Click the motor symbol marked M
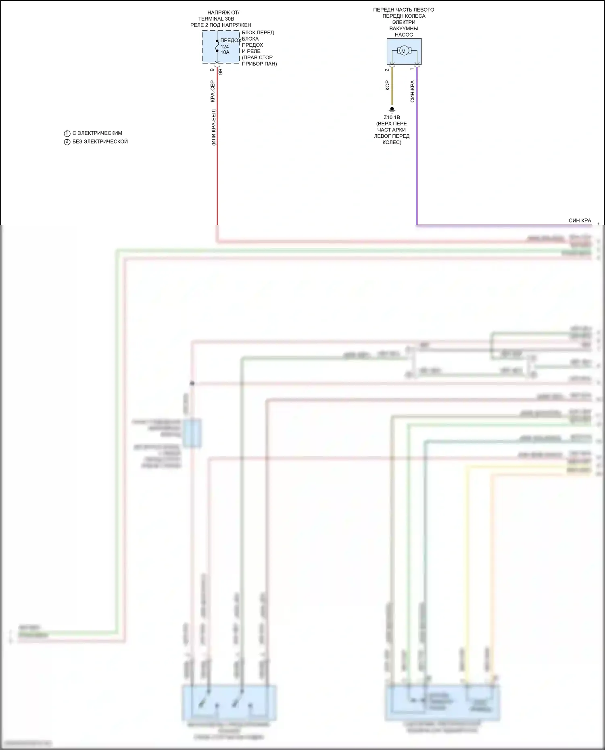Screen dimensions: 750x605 (403, 51)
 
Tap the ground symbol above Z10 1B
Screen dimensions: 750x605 (392, 110)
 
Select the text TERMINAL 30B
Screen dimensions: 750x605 (216, 19)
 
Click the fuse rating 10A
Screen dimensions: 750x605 (225, 52)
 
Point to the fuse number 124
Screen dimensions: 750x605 (225, 47)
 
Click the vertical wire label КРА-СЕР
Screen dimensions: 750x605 (213, 91)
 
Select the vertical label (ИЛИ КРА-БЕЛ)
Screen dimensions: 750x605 (213, 127)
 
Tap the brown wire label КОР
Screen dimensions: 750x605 (387, 85)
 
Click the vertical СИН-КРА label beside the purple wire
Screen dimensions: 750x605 (412, 91)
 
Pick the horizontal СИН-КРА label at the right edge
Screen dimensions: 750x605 (580, 221)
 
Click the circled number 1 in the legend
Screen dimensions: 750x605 (67, 133)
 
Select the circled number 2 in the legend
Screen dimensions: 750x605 (67, 142)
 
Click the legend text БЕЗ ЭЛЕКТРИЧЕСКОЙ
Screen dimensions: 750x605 (100, 142)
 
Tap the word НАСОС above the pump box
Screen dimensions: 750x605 (404, 35)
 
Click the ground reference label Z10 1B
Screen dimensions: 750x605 (392, 118)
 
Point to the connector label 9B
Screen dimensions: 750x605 (220, 72)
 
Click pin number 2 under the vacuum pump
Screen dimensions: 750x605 (387, 70)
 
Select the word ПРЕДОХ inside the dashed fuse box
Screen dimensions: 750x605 (230, 41)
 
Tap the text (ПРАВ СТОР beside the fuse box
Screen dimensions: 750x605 (257, 58)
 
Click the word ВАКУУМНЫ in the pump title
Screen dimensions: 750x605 (404, 29)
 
